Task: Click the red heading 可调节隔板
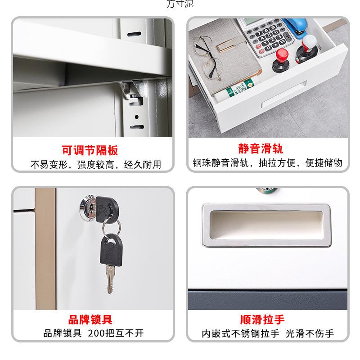[90, 150]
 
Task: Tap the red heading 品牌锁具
[90, 320]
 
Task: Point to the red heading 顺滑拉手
[262, 320]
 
